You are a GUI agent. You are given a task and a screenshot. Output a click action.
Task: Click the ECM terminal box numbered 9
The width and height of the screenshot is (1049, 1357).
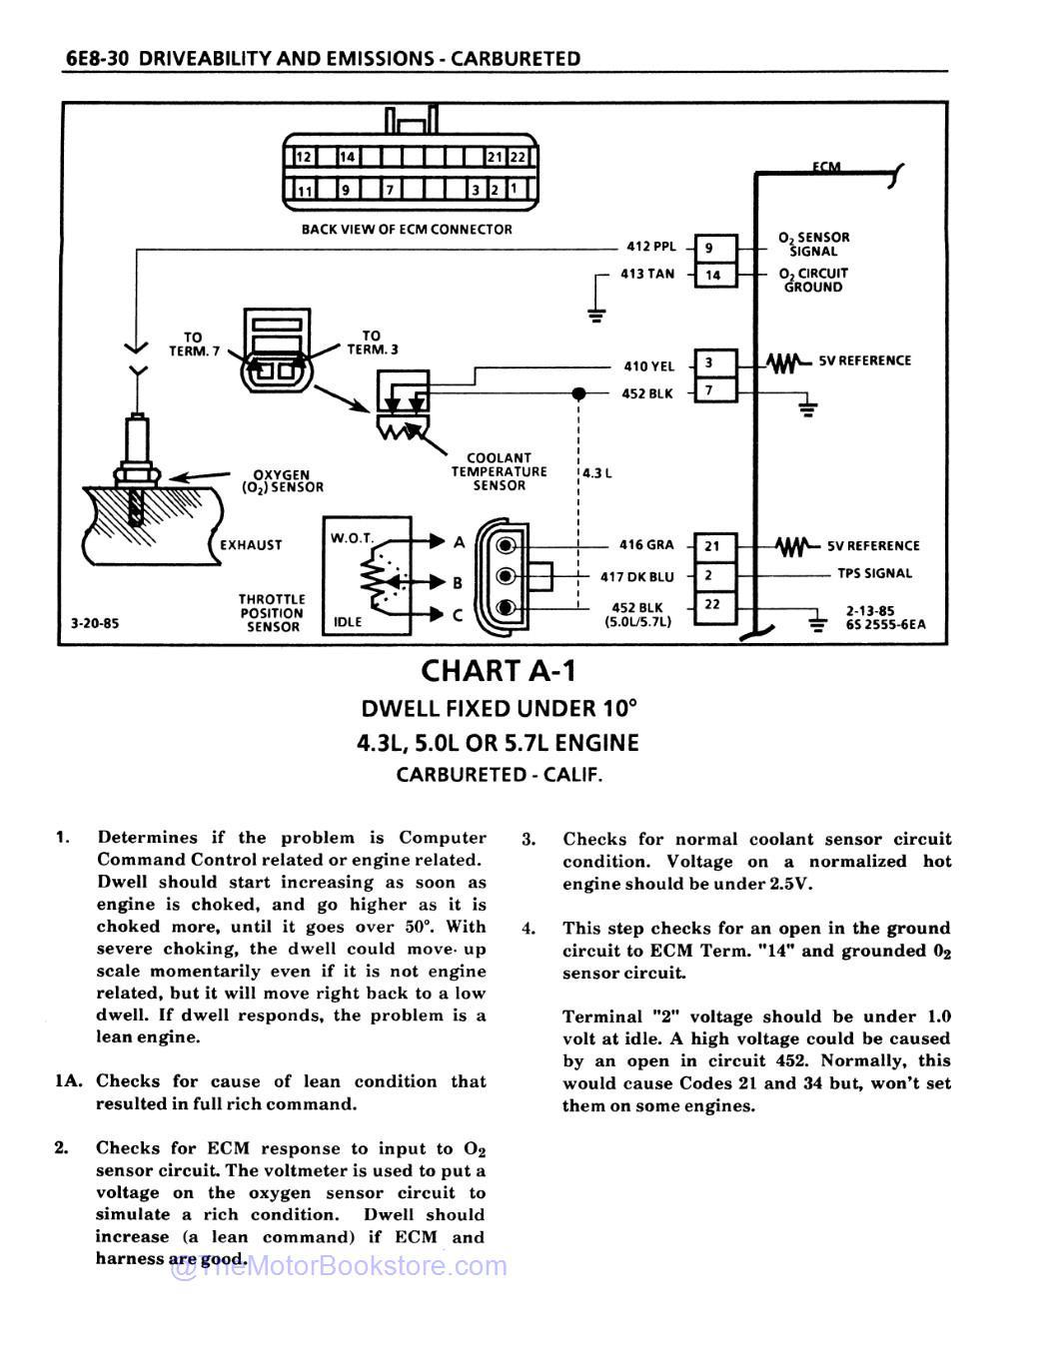click(715, 249)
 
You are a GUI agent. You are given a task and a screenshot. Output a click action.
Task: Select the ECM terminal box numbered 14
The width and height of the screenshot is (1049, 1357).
click(715, 275)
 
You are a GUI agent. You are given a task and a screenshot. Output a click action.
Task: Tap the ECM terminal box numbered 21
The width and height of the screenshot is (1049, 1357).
click(715, 546)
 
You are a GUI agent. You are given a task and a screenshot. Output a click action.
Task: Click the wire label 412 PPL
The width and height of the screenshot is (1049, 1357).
click(651, 247)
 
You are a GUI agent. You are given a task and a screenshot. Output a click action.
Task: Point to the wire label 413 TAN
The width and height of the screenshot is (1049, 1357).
click(647, 274)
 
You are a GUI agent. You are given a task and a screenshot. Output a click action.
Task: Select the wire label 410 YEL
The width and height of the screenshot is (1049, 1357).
click(649, 366)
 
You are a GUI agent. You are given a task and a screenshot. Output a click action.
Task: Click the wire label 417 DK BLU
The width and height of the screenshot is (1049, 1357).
click(636, 576)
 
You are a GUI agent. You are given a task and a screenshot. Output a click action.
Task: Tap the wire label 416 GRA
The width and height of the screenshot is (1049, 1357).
click(646, 545)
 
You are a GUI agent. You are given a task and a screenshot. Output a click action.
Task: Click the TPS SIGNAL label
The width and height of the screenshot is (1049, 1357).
click(874, 573)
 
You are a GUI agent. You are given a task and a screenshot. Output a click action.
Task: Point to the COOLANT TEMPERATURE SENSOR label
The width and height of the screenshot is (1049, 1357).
click(499, 471)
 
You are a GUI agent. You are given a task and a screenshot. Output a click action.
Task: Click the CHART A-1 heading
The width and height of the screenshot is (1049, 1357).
click(499, 670)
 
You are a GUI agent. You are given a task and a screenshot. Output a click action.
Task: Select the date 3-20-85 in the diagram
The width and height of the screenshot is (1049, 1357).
click(95, 623)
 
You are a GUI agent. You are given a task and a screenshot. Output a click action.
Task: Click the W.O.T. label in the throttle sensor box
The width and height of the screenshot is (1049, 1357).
click(352, 538)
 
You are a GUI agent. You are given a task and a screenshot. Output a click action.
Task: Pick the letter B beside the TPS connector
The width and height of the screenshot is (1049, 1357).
click(458, 581)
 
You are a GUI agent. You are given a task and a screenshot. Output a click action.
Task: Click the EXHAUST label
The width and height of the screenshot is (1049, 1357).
click(251, 545)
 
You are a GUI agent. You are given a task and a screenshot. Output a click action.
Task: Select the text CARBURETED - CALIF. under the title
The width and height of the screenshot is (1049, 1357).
click(499, 775)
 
